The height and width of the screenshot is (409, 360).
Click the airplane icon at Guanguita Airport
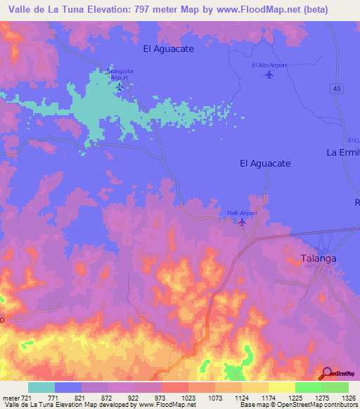[x=119, y=87]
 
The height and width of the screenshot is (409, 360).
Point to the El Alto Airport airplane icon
[x=269, y=75]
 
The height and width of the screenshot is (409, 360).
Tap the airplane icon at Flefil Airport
[x=243, y=223]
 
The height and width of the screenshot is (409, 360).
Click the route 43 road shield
[x=337, y=87]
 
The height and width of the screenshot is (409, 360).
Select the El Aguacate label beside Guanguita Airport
[x=168, y=49]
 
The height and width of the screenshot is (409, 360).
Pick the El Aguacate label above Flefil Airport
[x=265, y=163]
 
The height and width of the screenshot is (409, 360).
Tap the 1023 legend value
[x=188, y=398]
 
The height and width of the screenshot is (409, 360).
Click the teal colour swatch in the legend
[x=41, y=387]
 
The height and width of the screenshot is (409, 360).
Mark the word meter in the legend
[x=10, y=398]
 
